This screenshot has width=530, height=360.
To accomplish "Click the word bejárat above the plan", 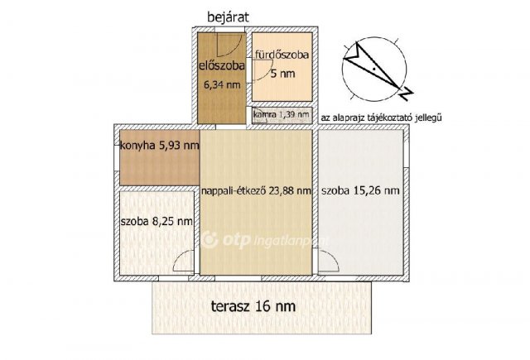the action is [x=228, y=17].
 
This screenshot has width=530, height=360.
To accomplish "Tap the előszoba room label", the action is [x=221, y=65].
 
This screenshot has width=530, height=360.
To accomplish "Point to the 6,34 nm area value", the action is [x=222, y=84].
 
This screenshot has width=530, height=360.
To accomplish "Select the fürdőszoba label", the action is [x=282, y=55].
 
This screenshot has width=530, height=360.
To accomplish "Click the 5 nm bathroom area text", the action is [x=283, y=74].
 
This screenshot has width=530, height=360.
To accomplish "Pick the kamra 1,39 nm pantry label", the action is [x=282, y=114].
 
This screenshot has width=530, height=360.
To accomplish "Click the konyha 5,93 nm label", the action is [x=160, y=146].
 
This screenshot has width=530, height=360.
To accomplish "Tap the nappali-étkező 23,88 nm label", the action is [x=256, y=191].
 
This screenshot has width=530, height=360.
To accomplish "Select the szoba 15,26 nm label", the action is [x=360, y=190].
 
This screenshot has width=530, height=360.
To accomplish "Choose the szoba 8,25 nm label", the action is [x=157, y=221].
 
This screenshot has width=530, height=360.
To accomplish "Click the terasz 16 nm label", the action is [x=253, y=306].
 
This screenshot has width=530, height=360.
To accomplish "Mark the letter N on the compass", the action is [x=406, y=94].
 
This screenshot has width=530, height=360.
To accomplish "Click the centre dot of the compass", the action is [x=374, y=70].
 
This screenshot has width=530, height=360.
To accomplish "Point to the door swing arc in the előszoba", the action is [x=234, y=49].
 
